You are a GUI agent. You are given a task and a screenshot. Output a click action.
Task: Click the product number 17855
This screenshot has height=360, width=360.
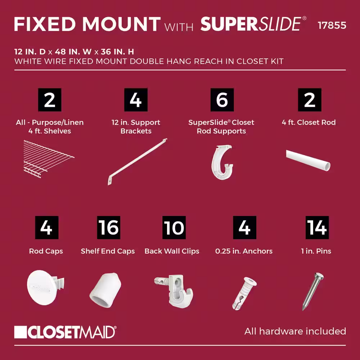pyautogui.click(x=332, y=25)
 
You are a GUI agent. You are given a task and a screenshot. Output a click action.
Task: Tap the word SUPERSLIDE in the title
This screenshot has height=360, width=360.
pyautogui.click(x=251, y=24)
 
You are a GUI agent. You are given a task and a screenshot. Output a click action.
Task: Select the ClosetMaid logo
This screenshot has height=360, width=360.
pyautogui.click(x=65, y=332)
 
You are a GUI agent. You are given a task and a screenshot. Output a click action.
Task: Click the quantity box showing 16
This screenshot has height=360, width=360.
pyautogui.click(x=109, y=228)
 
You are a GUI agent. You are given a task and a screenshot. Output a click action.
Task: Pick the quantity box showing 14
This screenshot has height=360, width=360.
pyautogui.click(x=317, y=228)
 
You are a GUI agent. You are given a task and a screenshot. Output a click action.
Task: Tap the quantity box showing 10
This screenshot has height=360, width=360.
pyautogui.click(x=174, y=228)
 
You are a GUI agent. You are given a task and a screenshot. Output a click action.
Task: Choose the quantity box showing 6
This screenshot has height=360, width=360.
pyautogui.click(x=222, y=100)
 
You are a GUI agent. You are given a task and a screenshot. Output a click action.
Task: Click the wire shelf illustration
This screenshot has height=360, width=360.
pyautogui.click(x=49, y=159)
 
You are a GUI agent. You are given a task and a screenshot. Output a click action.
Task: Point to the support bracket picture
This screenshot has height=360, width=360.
pyautogui.click(x=137, y=162)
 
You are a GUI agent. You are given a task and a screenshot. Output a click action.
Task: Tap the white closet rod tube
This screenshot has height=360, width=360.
pyautogui.click(x=308, y=160)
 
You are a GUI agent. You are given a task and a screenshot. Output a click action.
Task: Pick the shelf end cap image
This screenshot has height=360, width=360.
pyautogui.click(x=105, y=290)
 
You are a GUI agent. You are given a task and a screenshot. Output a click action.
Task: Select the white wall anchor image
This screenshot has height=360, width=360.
pyautogui.click(x=244, y=293)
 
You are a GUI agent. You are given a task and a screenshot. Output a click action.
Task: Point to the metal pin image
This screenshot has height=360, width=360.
pyautogui.click(x=313, y=291)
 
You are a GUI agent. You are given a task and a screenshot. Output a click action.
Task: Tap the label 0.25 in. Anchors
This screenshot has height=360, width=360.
pyautogui.click(x=244, y=251)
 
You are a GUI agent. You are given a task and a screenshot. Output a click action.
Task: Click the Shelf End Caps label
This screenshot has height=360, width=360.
pyautogui.click(x=108, y=251)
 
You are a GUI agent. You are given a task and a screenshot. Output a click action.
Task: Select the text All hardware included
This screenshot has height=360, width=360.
pyautogui.click(x=295, y=331)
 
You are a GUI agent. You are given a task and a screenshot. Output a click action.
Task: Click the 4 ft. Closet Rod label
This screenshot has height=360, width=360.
pyautogui.click(x=309, y=122)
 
